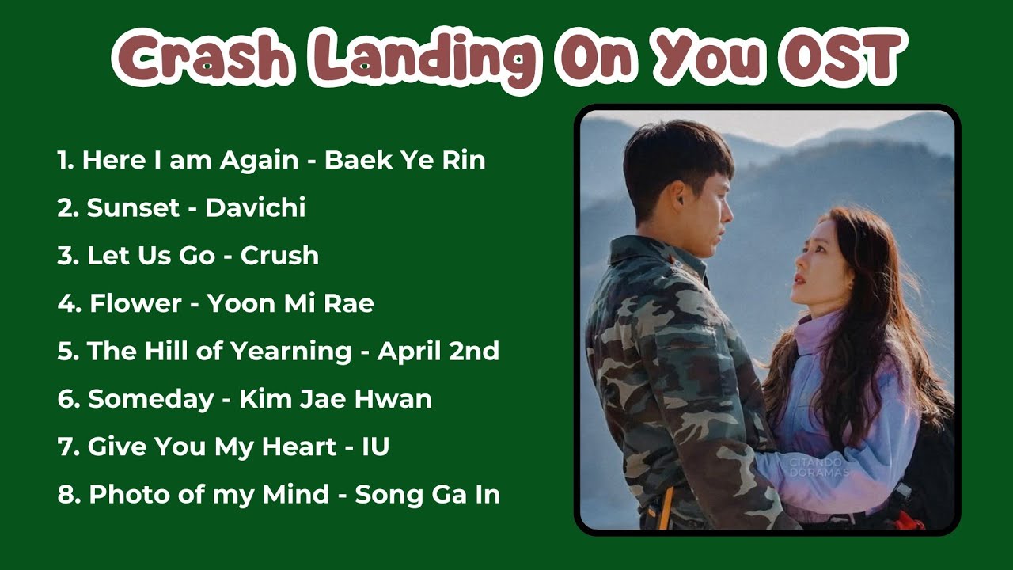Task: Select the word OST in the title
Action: (x=842, y=60)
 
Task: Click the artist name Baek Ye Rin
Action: (x=405, y=161)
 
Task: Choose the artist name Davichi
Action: (x=255, y=208)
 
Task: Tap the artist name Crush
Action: (x=279, y=256)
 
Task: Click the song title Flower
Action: (x=135, y=303)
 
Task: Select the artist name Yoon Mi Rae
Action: (x=290, y=303)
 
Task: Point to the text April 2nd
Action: (x=438, y=351)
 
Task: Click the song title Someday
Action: (x=150, y=399)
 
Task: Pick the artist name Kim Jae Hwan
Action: (x=336, y=399)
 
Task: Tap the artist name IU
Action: (x=375, y=446)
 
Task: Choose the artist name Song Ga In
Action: (x=427, y=495)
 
